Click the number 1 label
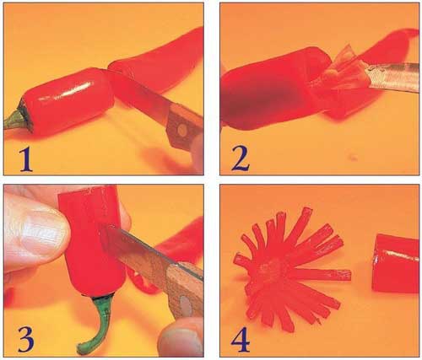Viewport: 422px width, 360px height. pos(26,159)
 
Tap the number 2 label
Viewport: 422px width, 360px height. pos(241,159)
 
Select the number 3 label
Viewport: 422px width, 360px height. pos(26,339)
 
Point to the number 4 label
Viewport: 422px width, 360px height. pos(241,340)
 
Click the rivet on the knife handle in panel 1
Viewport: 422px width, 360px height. pos(182,129)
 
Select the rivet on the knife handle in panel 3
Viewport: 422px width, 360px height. pos(185,305)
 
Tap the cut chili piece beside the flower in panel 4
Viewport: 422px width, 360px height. pos(395,264)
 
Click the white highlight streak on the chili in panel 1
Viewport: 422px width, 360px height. pos(66,91)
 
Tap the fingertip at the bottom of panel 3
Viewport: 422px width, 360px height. pos(180,339)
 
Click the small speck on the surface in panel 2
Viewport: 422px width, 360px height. pos(353,159)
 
